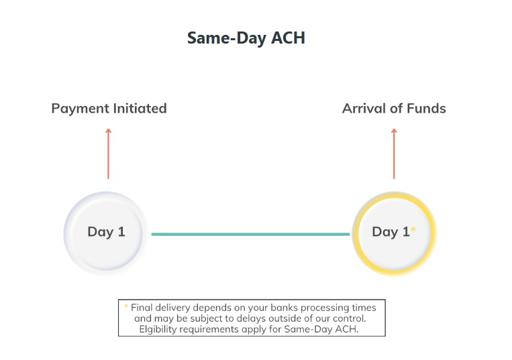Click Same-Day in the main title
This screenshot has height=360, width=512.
[x=227, y=38]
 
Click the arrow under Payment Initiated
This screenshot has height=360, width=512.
[x=108, y=154]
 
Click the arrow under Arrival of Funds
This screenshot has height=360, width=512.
[x=394, y=154]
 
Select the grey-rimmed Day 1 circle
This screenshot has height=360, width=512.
[x=106, y=233]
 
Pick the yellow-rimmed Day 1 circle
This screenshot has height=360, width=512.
[x=394, y=233]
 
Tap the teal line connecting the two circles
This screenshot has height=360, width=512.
[x=250, y=234]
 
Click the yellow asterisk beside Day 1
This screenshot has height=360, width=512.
[x=413, y=230]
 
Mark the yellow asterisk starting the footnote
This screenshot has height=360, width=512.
[x=125, y=306]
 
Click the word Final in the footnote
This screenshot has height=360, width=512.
[x=142, y=308]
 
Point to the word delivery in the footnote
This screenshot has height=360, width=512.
[x=176, y=308]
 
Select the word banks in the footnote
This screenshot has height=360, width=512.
[x=288, y=308]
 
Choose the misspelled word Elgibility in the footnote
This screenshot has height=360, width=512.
[x=161, y=329]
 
